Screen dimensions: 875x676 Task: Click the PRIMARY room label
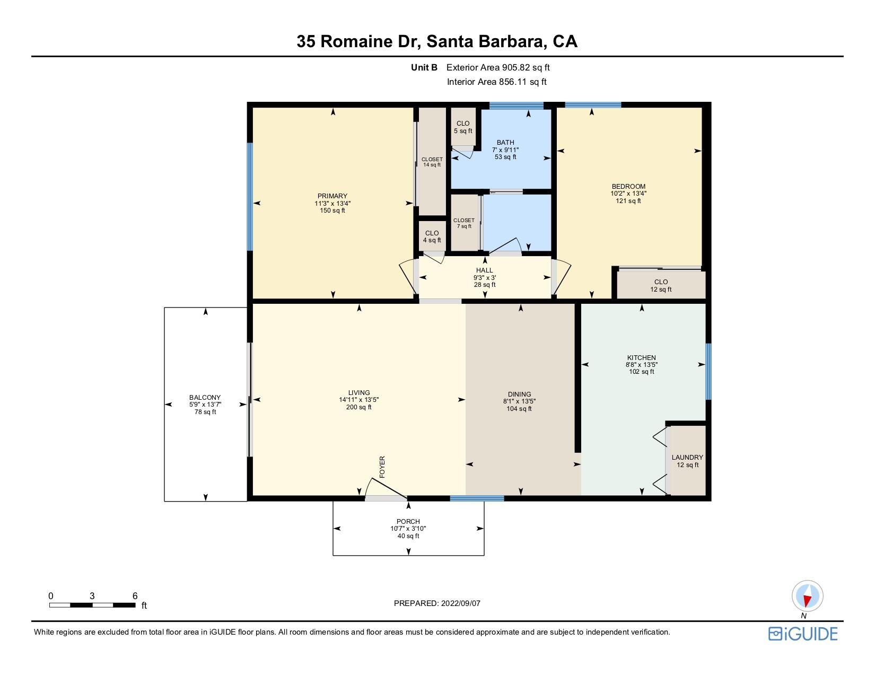[x=332, y=196]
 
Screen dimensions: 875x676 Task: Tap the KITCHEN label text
[x=642, y=357]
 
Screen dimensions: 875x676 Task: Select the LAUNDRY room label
[x=687, y=458]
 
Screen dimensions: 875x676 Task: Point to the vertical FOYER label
[x=382, y=467]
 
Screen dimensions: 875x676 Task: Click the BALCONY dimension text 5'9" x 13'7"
[x=205, y=405]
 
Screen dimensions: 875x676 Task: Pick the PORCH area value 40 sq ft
[x=408, y=536]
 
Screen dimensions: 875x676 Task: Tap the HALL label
[x=484, y=270]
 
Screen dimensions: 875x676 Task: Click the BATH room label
[x=505, y=142]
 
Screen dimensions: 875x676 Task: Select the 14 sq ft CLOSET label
[x=432, y=162]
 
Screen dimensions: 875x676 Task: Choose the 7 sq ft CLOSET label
[x=464, y=223]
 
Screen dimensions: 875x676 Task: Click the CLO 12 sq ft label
[x=661, y=285]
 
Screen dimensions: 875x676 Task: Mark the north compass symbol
[x=807, y=596]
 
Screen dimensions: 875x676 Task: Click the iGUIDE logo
[x=803, y=634]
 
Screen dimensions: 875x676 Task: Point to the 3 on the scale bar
[x=92, y=596]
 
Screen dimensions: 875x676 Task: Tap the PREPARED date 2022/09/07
[x=461, y=603]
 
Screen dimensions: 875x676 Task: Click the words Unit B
[x=424, y=67]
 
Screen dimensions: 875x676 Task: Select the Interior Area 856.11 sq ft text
[x=496, y=82]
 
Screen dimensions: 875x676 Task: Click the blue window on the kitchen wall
[x=708, y=371]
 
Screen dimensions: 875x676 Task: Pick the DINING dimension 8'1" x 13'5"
[x=519, y=401]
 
